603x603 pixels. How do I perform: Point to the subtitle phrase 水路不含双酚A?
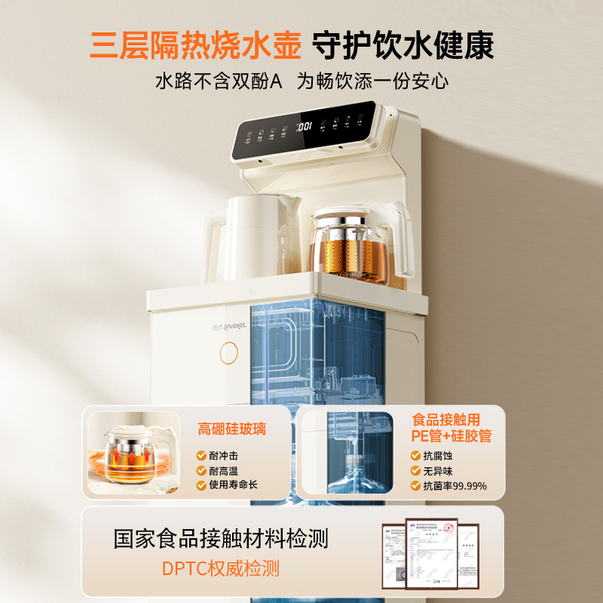(x=218, y=81)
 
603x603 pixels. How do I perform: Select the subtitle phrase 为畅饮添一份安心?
(x=372, y=81)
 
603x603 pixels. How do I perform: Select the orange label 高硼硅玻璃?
(x=232, y=430)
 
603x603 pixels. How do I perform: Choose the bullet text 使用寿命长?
(x=234, y=485)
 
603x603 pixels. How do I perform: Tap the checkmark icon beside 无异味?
(x=415, y=471)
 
